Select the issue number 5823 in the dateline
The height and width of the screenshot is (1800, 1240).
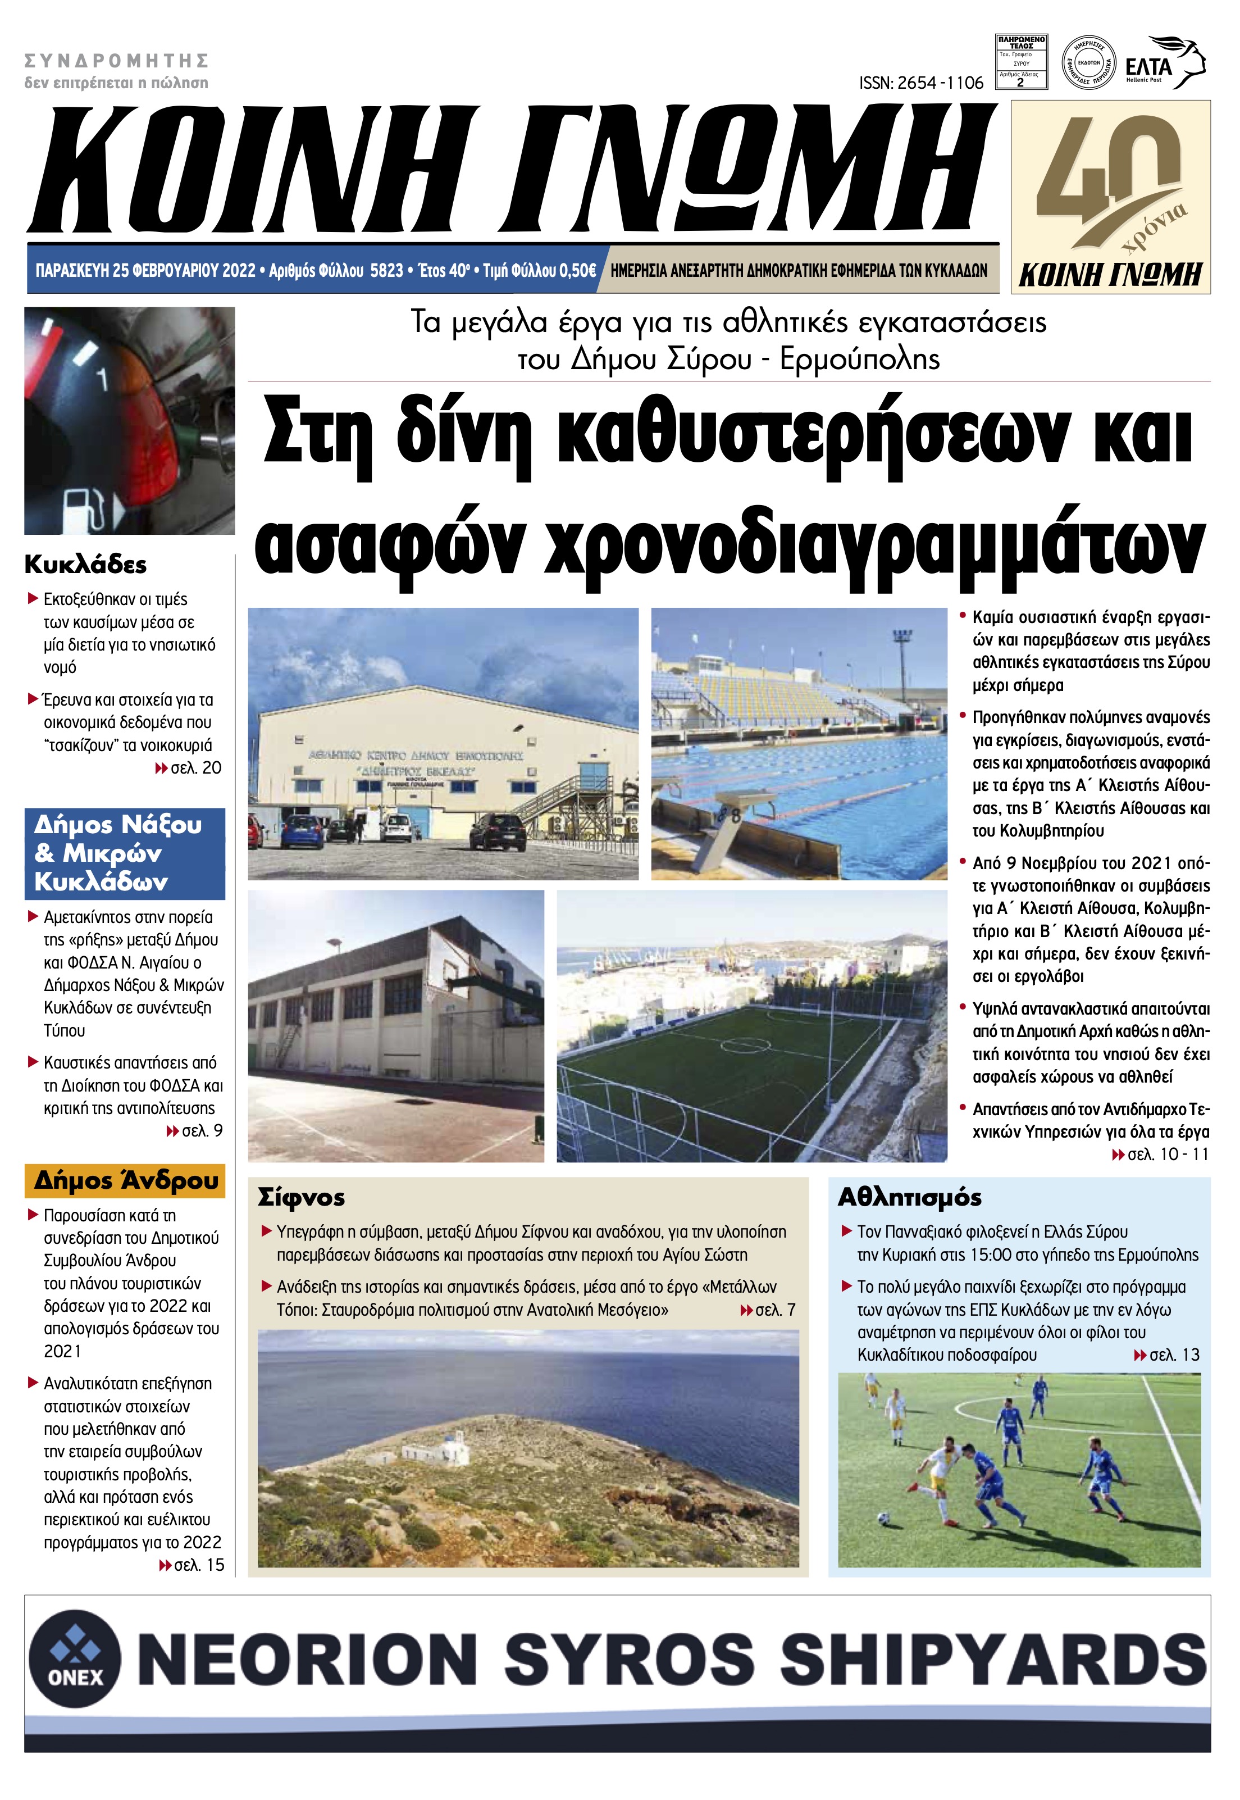pos(386,270)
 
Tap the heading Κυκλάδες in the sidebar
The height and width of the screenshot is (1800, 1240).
pos(85,564)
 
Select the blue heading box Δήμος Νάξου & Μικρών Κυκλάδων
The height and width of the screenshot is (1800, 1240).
pos(124,853)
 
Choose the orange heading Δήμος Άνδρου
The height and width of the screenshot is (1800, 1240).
pos(124,1180)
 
